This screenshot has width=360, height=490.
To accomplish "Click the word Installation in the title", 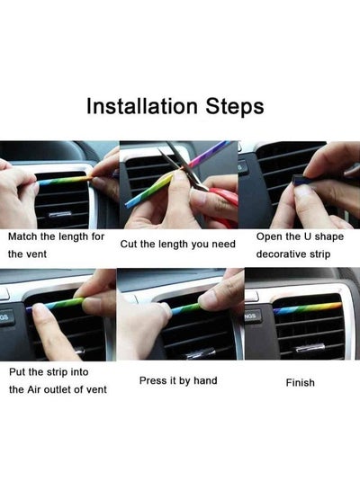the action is coord(142,106).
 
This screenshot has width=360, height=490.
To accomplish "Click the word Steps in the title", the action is coord(235,108).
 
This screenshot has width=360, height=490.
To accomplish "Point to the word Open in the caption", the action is coord(269,236).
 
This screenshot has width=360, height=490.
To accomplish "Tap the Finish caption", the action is coord(301,383).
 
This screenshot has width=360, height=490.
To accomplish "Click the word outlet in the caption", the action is coord(57,389).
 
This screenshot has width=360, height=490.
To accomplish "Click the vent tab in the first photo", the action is coord(59,214).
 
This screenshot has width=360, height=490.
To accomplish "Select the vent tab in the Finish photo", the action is coord(310,347).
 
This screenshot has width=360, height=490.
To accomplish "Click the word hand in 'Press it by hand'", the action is coord(205,380).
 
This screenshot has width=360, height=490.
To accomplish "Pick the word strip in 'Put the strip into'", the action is coord(57,372).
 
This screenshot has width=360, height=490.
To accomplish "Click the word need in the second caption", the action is coord(223,244).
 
